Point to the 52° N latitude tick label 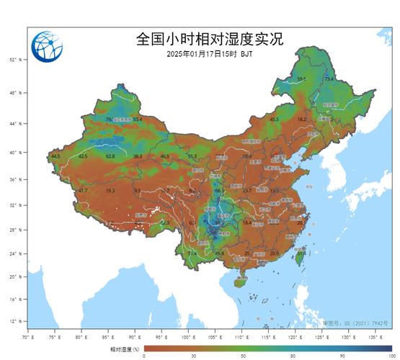click(15, 60)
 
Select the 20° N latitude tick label click(15, 276)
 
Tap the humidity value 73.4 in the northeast click(329, 79)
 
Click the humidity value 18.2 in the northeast click(302, 119)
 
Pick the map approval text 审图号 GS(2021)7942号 click(365, 323)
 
